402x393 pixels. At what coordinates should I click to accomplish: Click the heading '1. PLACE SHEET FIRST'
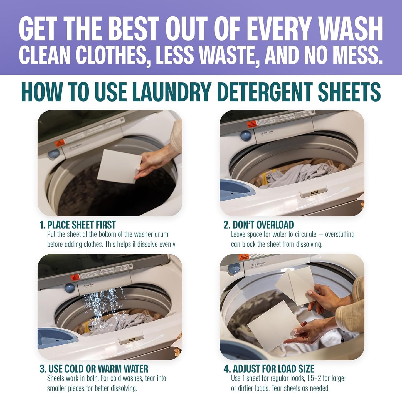coord(78,225)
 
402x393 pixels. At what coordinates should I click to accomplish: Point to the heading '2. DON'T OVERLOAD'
coord(258,225)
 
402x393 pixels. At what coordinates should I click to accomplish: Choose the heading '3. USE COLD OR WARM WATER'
coord(94,369)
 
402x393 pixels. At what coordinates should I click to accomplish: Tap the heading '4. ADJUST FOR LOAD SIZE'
coord(269,369)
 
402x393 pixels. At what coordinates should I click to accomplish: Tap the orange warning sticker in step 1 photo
coord(60,143)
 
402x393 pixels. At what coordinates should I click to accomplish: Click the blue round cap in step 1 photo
coord(54,153)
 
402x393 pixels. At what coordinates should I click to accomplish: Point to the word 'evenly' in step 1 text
coord(167,245)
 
